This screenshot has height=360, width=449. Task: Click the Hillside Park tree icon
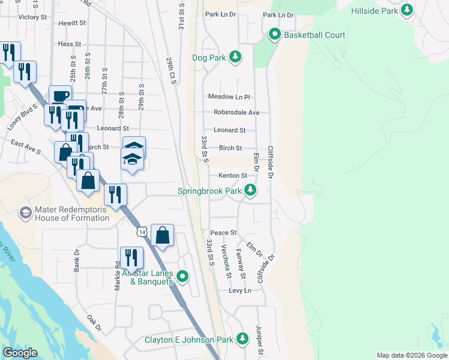(x=408, y=10)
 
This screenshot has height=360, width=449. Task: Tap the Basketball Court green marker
(x=275, y=35)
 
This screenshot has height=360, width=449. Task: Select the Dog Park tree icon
(x=236, y=58)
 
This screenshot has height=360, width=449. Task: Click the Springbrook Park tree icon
(x=250, y=191)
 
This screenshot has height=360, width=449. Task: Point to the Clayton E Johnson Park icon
(x=243, y=340)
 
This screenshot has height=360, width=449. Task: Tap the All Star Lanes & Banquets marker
(x=182, y=277)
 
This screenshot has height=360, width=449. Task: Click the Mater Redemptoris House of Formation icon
(x=26, y=213)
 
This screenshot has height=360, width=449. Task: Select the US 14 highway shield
(x=141, y=232)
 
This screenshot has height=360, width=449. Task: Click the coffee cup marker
(x=60, y=96)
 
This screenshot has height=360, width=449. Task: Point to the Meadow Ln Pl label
(x=229, y=97)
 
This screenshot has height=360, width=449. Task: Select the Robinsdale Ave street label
(x=237, y=112)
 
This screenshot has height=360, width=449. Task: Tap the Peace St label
(x=223, y=232)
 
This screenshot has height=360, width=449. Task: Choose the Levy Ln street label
(x=240, y=290)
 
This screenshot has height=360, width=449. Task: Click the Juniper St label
(x=260, y=340)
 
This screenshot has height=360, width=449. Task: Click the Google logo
(x=20, y=353)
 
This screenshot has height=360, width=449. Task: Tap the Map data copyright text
(x=411, y=355)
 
